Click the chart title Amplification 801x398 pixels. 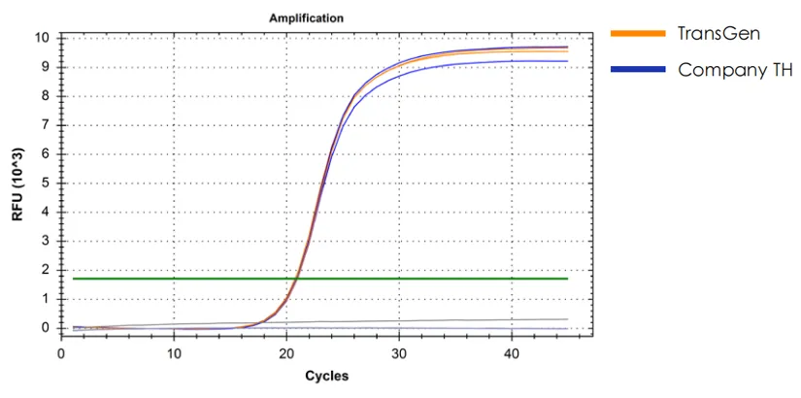tap(306, 18)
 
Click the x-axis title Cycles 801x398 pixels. tap(326, 376)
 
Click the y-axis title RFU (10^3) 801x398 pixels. tap(17, 184)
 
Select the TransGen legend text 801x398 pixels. tap(718, 33)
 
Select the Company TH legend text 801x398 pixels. tap(735, 69)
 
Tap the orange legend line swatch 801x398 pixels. tap(637, 33)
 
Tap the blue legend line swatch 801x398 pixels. tap(637, 69)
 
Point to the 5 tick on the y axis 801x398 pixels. tap(45, 183)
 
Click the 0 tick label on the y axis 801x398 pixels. tap(45, 328)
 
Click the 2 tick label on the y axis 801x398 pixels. tap(45, 270)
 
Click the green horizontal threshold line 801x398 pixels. tap(388, 279)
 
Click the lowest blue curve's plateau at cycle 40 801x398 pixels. tap(511, 62)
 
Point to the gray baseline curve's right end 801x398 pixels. tap(566, 318)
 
